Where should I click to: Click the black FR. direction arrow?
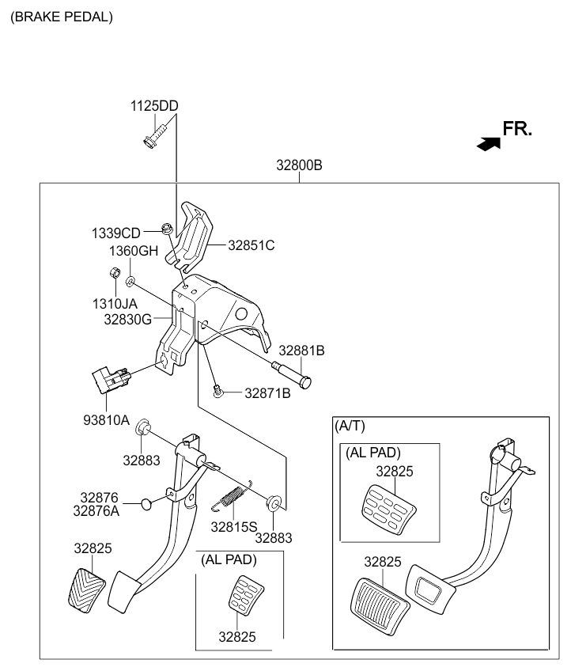click(x=489, y=144)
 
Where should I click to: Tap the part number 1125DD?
click(x=154, y=106)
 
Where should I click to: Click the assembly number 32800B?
click(x=299, y=165)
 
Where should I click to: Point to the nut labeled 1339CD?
click(x=167, y=228)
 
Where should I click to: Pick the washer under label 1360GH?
click(x=130, y=281)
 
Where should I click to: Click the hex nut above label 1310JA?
click(x=115, y=272)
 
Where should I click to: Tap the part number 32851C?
click(x=251, y=245)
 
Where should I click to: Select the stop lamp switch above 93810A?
click(x=112, y=379)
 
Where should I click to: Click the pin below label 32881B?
click(x=292, y=373)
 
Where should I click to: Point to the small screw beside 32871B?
click(x=218, y=391)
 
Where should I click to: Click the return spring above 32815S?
click(x=232, y=495)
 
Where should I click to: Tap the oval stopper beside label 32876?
click(x=146, y=504)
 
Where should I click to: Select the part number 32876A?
click(x=96, y=510)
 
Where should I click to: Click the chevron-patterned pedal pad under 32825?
click(x=87, y=590)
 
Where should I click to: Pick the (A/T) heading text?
click(x=350, y=426)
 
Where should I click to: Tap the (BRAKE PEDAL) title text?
click(x=62, y=17)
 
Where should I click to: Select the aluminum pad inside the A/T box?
click(x=389, y=510)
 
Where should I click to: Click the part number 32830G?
click(x=128, y=319)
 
